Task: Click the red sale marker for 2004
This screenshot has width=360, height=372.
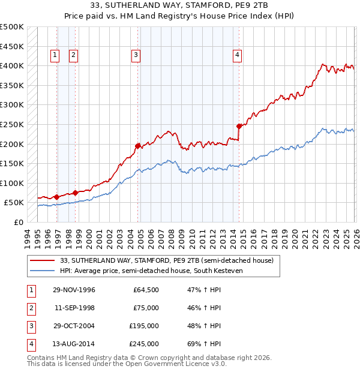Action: [138, 145]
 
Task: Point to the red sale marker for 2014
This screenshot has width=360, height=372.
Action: [239, 126]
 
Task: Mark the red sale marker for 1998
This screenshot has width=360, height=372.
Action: [76, 193]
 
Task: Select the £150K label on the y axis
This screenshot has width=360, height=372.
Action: [12, 163]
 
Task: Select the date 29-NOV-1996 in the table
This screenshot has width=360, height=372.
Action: [74, 290]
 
